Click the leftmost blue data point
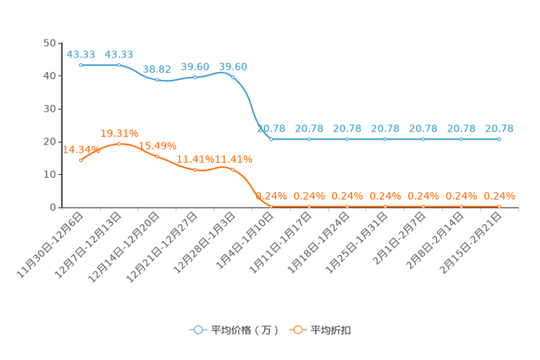81,65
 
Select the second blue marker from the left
119,65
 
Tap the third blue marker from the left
157,79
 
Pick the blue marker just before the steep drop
233,75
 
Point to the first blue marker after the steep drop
271,139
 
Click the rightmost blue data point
499,139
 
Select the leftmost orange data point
81,160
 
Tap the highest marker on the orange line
119,144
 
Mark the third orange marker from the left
157,156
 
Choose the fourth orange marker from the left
195,170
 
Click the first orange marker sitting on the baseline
271,206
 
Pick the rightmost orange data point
499,206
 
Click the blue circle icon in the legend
197,330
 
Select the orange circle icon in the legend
298,330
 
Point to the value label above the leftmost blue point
81,54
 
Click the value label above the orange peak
119,133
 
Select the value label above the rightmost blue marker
499,128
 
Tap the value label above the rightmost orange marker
499,196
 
